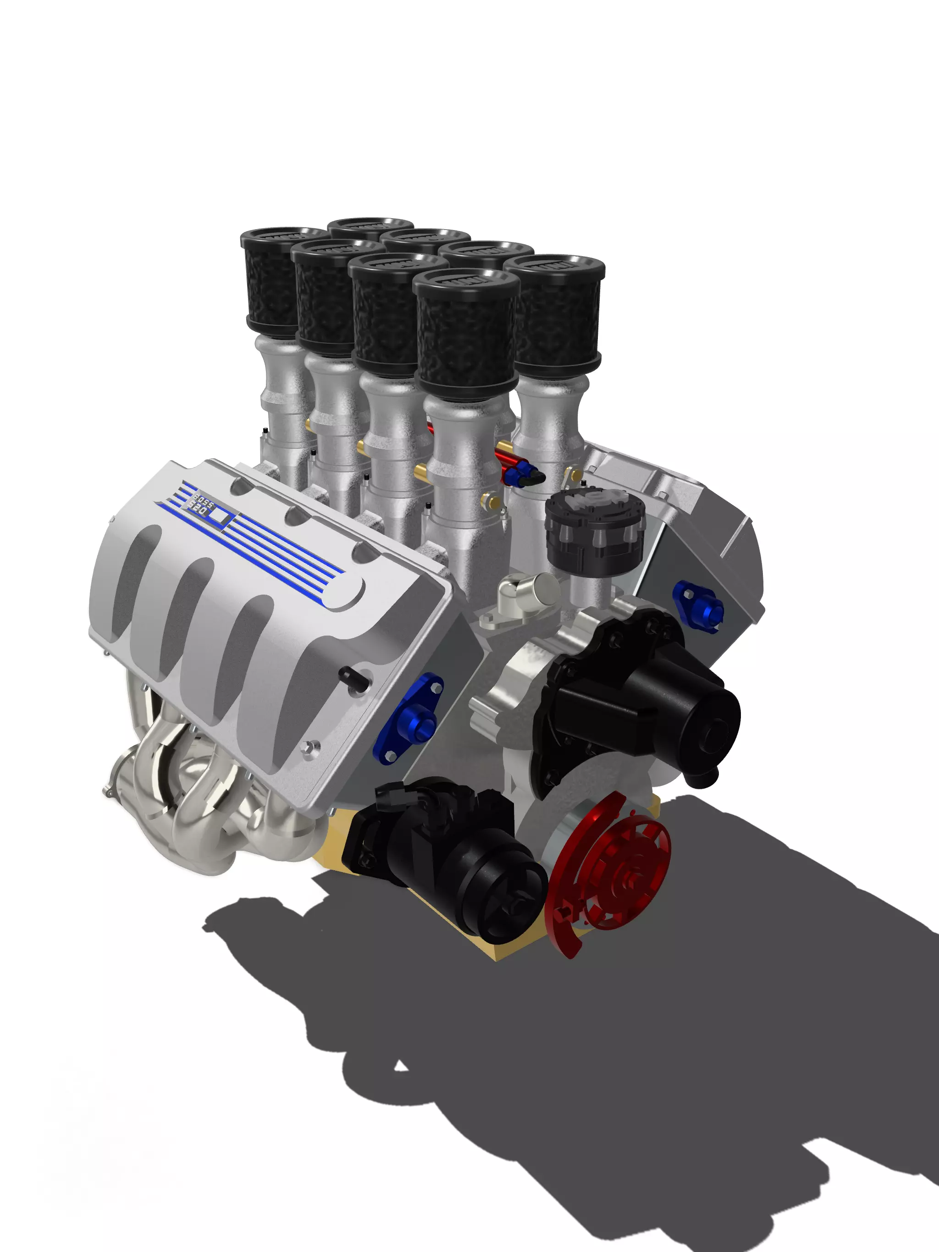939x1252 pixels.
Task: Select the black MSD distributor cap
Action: coord(595,527)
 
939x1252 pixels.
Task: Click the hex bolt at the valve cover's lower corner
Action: coord(309,749)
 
